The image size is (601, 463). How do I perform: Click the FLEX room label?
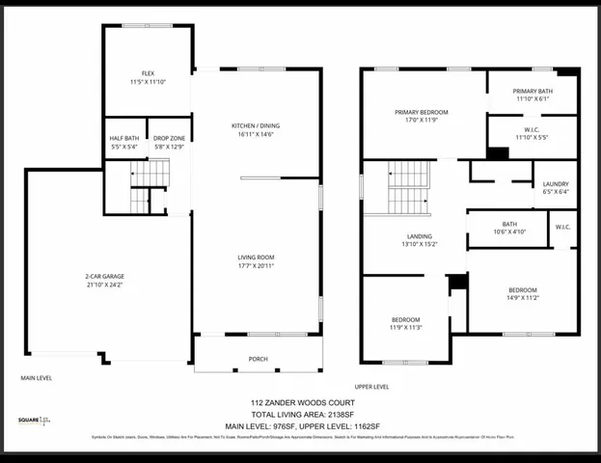[x=148, y=73]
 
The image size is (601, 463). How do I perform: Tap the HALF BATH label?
[x=124, y=138]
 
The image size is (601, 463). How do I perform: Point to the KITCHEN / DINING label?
[x=256, y=126]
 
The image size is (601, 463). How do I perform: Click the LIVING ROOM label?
[x=257, y=258]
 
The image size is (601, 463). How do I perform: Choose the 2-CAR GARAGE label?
[x=104, y=277]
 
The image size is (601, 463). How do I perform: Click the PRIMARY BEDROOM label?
[x=422, y=113]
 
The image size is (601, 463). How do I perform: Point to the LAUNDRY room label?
[x=556, y=183]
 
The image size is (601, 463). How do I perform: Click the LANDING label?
[x=418, y=235]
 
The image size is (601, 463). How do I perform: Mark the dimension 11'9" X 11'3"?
[x=405, y=327]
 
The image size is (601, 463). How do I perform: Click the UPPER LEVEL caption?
[x=372, y=386]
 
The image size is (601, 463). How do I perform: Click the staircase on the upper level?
[x=408, y=187]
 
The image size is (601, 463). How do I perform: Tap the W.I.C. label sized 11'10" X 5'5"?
[x=532, y=133]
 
